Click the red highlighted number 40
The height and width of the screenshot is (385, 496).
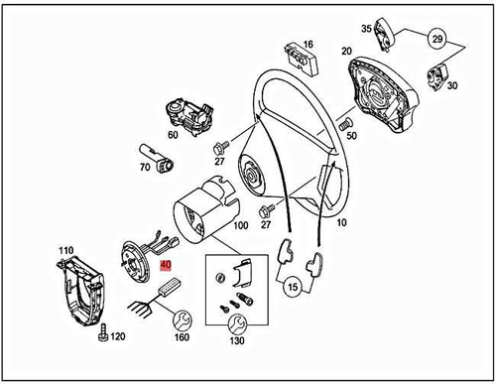(x=167, y=266)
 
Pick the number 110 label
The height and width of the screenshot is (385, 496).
(x=66, y=249)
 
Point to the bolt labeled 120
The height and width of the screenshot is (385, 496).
(x=102, y=337)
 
